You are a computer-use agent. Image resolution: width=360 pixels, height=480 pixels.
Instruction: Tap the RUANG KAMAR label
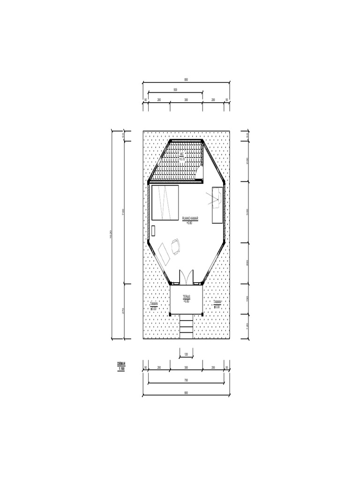coord(189,218)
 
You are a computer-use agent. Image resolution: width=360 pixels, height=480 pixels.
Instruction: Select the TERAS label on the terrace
coord(186,297)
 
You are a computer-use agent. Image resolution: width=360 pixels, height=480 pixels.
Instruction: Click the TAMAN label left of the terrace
coord(154,304)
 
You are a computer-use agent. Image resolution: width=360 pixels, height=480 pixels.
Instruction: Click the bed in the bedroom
coord(165,202)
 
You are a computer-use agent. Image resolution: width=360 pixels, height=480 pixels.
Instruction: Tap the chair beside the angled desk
coord(176,246)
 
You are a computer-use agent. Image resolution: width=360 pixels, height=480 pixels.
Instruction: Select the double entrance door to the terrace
coord(186,277)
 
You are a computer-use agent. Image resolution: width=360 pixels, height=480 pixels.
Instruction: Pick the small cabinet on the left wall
coord(154,231)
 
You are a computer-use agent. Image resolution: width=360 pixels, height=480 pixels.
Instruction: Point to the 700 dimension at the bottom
coord(186,380)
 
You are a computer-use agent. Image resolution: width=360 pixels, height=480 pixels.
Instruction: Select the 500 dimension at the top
coord(175,89)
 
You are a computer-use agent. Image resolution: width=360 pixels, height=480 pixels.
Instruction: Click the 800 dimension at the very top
coord(186,79)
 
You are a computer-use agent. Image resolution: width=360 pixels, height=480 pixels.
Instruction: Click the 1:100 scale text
coord(121,368)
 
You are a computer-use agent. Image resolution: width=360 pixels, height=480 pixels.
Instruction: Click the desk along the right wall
coord(217,205)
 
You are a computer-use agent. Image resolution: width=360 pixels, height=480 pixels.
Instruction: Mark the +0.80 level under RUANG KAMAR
coord(189,223)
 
